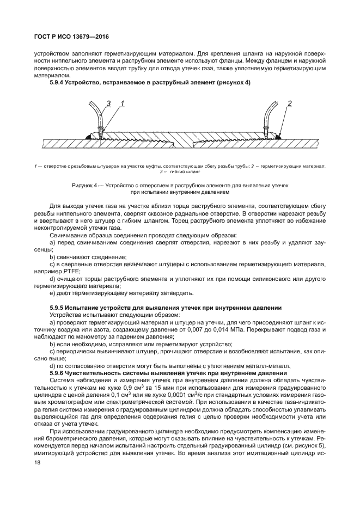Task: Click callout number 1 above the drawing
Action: (x=122, y=103)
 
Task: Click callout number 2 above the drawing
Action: (x=290, y=103)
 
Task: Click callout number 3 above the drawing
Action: (x=108, y=103)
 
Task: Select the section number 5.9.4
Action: (x=58, y=82)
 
